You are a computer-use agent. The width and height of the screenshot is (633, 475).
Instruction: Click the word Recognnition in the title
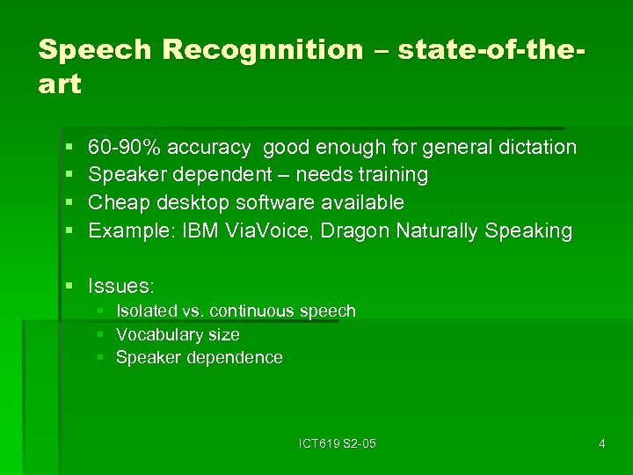pyautogui.click(x=263, y=50)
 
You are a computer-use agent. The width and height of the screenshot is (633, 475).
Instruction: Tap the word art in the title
pyautogui.click(x=60, y=84)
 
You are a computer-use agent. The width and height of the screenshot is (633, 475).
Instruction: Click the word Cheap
pyautogui.click(x=120, y=203)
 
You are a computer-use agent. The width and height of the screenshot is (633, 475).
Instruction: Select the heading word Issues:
pyautogui.click(x=121, y=286)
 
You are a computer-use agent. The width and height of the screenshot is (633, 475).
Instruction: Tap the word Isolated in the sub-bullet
pyautogui.click(x=144, y=311)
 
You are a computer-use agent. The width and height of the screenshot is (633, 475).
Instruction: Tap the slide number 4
pyautogui.click(x=601, y=443)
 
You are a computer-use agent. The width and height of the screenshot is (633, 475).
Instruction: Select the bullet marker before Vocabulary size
pyautogui.click(x=101, y=335)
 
